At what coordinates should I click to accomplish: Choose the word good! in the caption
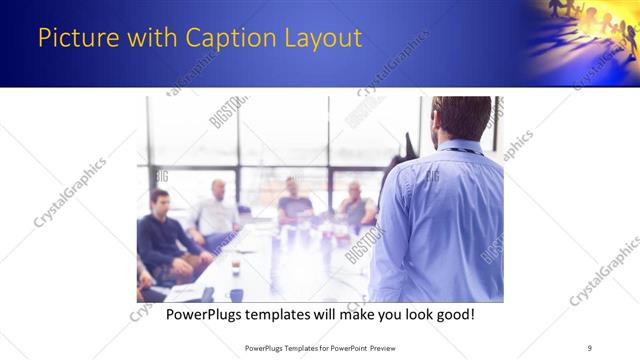(454, 315)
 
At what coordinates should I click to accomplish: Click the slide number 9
(589, 348)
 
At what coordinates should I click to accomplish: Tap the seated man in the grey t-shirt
(294, 203)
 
